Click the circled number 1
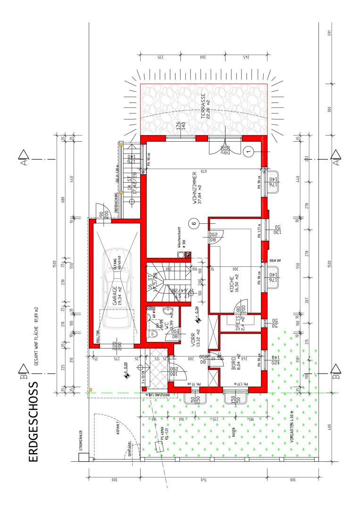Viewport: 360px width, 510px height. click(249, 151)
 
